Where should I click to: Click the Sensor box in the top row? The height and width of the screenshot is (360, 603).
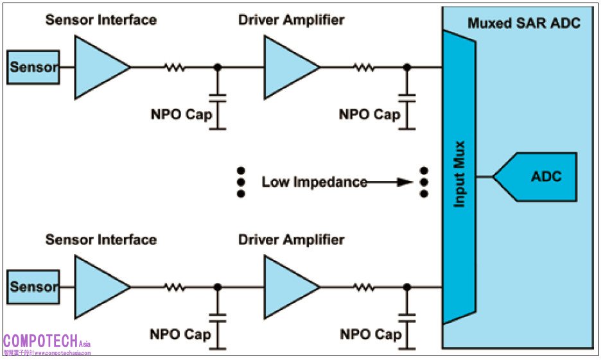coord(33,67)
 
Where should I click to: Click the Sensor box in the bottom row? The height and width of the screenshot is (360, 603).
coord(33,287)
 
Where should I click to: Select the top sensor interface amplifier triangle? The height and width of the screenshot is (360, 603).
coord(98,67)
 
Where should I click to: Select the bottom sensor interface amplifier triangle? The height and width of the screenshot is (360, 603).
coord(98,287)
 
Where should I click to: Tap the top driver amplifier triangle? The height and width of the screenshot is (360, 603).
coord(288,67)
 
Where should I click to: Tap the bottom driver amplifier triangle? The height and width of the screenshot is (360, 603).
coord(288,287)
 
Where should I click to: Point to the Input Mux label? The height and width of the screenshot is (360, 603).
coord(460,173)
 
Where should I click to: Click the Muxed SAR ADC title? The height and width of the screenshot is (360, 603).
coord(523,24)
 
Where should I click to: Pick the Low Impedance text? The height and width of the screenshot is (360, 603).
coord(314,182)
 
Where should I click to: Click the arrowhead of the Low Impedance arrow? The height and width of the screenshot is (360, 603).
coord(405,182)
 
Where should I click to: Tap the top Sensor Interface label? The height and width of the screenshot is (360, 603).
coord(101,20)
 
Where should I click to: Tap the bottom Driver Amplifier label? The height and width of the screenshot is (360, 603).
coord(291,240)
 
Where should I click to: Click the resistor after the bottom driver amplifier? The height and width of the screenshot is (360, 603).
coord(364,287)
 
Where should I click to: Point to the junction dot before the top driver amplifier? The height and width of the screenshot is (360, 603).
coord(218,67)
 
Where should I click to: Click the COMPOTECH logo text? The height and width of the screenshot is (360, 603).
coord(42,341)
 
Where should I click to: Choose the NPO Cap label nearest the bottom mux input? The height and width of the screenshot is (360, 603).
coord(370,334)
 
